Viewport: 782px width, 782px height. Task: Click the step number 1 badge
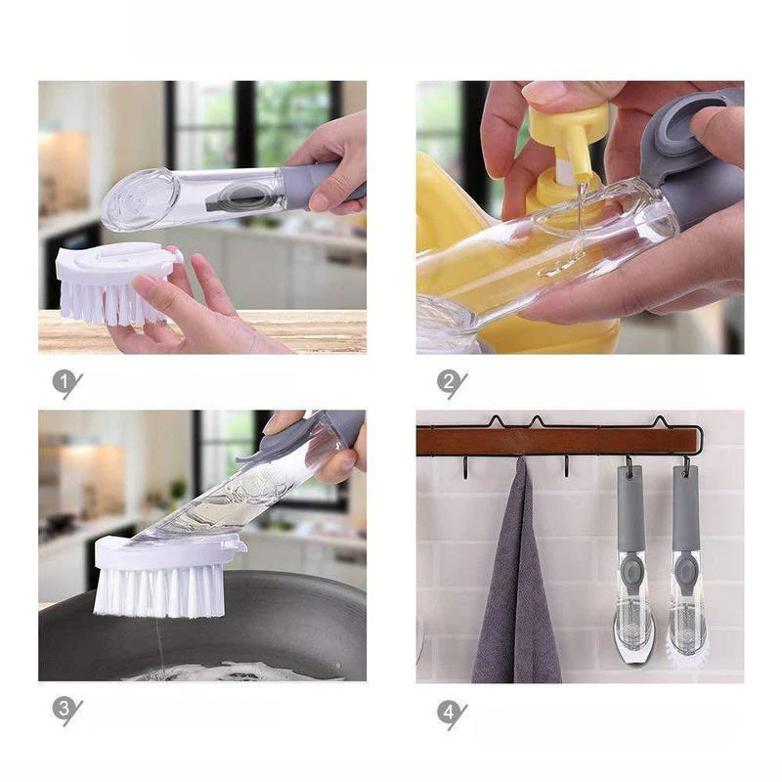pos(64,382)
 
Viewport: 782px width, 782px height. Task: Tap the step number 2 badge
pos(449,382)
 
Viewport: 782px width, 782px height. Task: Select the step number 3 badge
pos(64,709)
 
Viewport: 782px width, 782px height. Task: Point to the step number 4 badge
pos(449,713)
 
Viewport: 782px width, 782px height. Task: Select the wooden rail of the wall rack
pos(558,442)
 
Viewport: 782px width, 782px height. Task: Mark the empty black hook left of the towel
pos(465,468)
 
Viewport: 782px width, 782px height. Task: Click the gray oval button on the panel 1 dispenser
pos(247,195)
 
